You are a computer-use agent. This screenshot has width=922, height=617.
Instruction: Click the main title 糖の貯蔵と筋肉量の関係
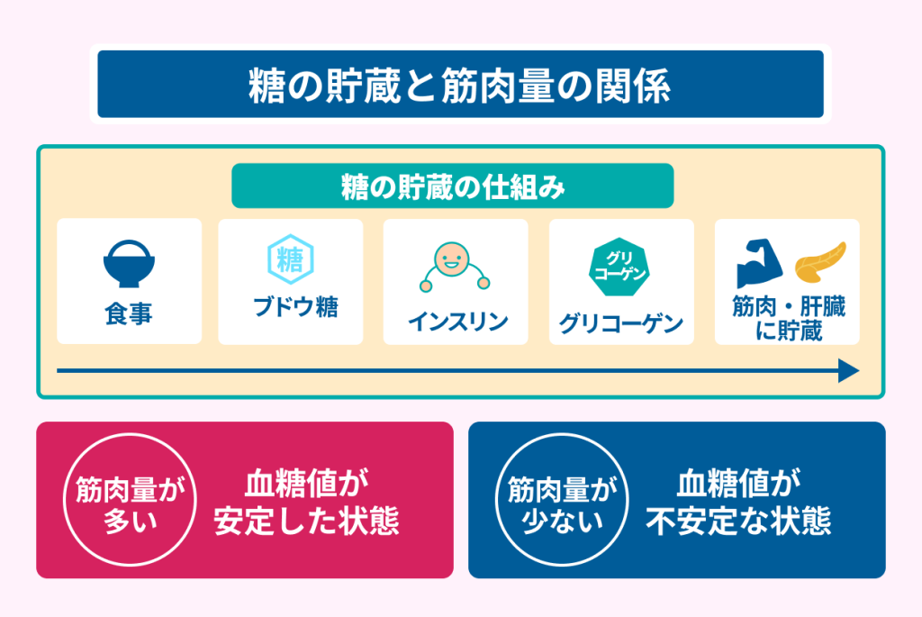pos(459,86)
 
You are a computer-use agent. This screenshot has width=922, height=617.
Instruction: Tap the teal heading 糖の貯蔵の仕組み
pos(453,186)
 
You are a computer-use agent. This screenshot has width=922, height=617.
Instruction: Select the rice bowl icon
pos(129,264)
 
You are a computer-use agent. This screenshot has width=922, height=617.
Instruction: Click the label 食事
pos(129,313)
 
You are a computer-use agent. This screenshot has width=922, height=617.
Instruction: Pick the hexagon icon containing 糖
pos(291,259)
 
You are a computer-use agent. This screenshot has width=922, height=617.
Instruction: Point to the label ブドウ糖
pos(295,307)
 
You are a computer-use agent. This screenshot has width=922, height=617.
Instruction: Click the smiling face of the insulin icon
pos(452,259)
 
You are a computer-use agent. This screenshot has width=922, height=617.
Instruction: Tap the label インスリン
pos(457,322)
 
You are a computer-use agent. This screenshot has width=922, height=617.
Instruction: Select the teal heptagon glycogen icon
pos(619,267)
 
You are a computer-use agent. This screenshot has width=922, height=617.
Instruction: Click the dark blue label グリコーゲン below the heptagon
pos(621,322)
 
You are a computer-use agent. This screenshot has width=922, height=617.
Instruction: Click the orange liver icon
pos(821,262)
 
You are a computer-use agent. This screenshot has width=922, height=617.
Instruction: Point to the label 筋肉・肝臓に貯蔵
pos(789,318)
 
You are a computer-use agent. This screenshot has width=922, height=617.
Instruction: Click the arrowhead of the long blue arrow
pos(849,370)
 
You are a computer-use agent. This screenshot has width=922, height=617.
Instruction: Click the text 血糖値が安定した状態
pos(306,502)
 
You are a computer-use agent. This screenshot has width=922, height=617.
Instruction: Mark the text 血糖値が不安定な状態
pos(738,502)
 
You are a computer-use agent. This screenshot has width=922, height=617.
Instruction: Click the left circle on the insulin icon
pos(426,286)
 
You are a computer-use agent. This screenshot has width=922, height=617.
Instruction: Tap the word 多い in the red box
pos(130,521)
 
